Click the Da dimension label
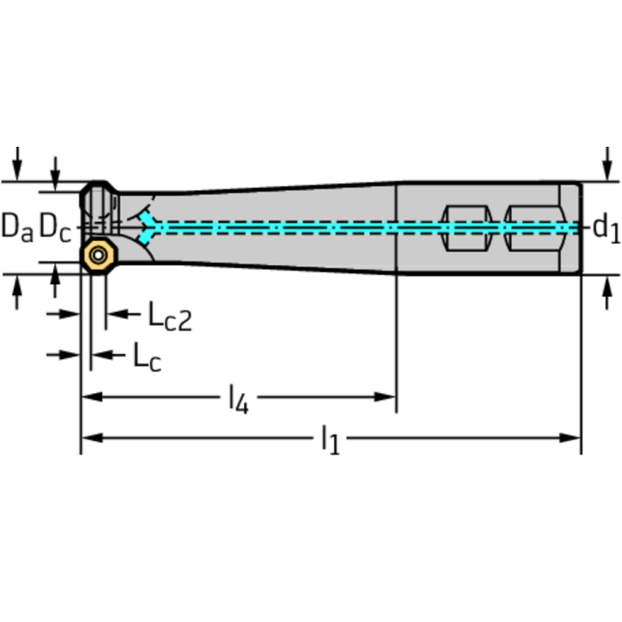click(x=17, y=228)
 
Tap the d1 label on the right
click(x=606, y=228)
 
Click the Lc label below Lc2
click(x=147, y=357)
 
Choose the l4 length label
click(x=238, y=399)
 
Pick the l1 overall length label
click(x=329, y=440)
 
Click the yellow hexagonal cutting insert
click(x=99, y=255)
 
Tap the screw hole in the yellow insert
click(x=99, y=255)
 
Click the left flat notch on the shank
click(x=466, y=228)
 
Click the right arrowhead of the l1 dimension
click(x=573, y=438)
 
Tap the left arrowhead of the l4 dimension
click(x=89, y=397)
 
